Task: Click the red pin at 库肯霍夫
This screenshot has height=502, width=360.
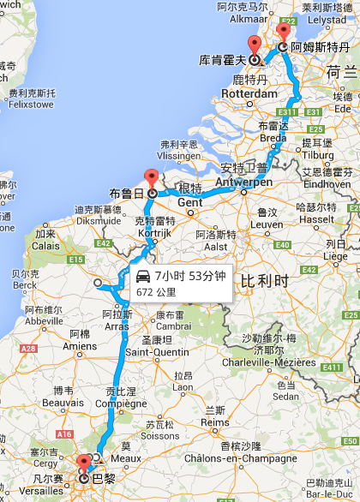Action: click(254, 45)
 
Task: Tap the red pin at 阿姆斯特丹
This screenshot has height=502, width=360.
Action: click(283, 31)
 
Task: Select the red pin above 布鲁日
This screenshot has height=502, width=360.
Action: click(152, 178)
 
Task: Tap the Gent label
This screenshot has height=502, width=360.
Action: click(189, 202)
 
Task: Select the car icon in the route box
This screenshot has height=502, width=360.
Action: click(142, 276)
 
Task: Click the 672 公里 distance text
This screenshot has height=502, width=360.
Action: click(156, 292)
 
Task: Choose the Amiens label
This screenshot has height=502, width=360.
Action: click(80, 345)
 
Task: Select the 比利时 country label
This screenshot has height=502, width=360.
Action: click(262, 282)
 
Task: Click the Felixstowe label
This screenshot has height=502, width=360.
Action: click(30, 104)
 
